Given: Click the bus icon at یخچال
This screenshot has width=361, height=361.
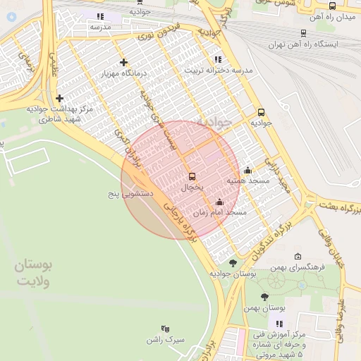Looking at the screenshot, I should click(192, 176).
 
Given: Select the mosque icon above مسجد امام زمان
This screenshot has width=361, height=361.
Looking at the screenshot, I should click(219, 202).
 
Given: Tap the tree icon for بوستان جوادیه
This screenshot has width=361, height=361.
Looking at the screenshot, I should click(233, 262).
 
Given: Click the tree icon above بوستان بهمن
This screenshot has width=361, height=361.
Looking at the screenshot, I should click(264, 297).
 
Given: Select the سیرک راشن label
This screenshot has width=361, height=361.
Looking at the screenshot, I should click(165, 339).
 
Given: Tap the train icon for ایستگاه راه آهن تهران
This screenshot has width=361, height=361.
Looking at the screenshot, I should click(303, 32).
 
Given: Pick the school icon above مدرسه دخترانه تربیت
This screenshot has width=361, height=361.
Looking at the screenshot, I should click(217, 59).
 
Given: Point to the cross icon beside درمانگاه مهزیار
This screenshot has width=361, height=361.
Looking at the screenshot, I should click(123, 62).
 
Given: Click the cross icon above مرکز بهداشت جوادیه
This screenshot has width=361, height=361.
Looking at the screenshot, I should click(59, 98).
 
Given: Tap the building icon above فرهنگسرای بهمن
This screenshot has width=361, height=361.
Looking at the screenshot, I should click(298, 257).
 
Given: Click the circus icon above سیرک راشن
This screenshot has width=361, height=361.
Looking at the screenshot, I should click(165, 329).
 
